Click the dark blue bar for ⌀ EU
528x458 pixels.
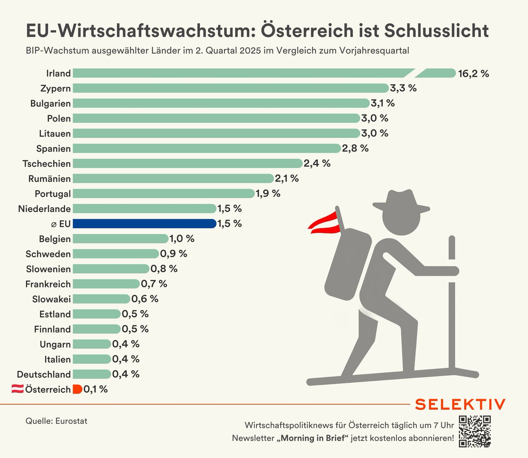click(x=144, y=224)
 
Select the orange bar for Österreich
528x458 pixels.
click(x=77, y=389)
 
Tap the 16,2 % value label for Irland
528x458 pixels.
click(x=473, y=74)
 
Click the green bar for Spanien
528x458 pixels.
click(x=207, y=148)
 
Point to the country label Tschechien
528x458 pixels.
click(x=47, y=164)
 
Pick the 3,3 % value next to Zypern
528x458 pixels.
click(x=403, y=89)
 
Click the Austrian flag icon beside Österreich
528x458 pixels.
click(x=17, y=389)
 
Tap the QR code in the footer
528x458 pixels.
click(x=475, y=431)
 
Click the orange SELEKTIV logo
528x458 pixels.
click(x=460, y=404)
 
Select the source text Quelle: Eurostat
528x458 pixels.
click(x=56, y=421)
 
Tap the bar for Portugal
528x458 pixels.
click(x=164, y=194)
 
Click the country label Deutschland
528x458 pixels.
click(x=44, y=374)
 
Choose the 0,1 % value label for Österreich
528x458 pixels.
click(x=95, y=389)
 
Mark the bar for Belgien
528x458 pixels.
click(x=121, y=239)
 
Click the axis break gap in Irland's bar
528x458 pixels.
click(x=418, y=73)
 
